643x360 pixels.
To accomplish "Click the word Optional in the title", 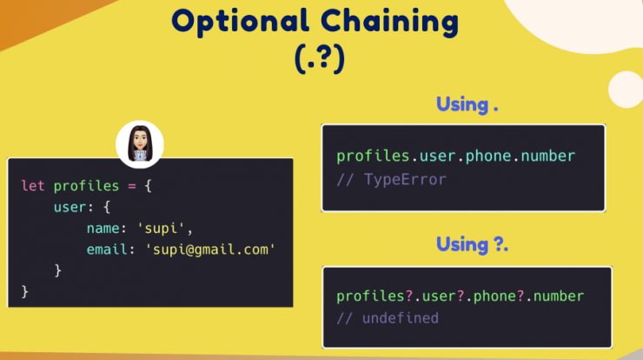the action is pos(240,22).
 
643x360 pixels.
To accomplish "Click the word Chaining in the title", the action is pos(389,22).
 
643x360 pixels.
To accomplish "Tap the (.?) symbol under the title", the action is pos(320,58).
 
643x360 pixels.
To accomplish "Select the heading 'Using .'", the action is pos(467,104).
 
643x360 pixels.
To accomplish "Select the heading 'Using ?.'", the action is pos(472,244).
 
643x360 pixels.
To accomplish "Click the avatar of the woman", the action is pos(140,144).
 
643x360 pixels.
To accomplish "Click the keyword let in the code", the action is pos(33,186).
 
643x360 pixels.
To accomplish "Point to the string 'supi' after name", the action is pos(161,228).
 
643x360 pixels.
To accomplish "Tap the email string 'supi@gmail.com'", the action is pos(210,250).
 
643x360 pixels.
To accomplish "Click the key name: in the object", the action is pos(107,228).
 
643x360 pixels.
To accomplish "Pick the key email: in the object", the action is pos(110,250).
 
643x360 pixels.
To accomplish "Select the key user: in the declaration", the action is pos(74,207).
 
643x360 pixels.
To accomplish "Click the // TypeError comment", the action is pos(391,179).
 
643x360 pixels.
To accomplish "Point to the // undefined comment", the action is pos(388,318).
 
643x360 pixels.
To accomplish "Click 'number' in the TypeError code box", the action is pos(548,156).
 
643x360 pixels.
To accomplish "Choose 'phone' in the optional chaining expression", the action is pos(494,297).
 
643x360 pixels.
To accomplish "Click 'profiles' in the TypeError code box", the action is pos(373,157).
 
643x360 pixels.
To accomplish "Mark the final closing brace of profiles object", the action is pos(25,292).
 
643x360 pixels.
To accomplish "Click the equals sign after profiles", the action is pos(131,186).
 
